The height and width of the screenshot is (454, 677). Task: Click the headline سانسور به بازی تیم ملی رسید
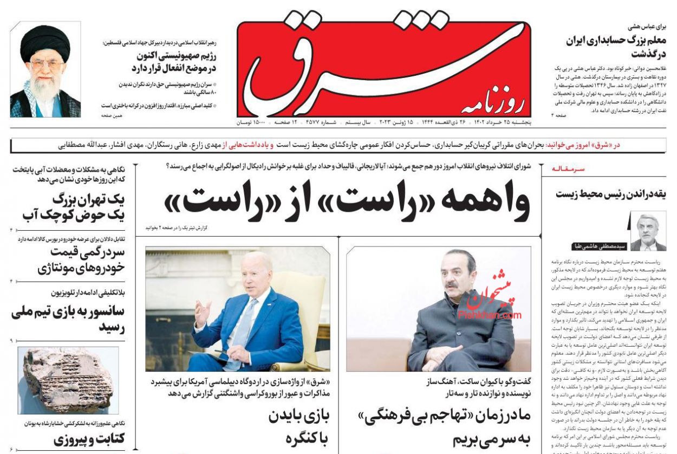[x=68, y=320]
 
